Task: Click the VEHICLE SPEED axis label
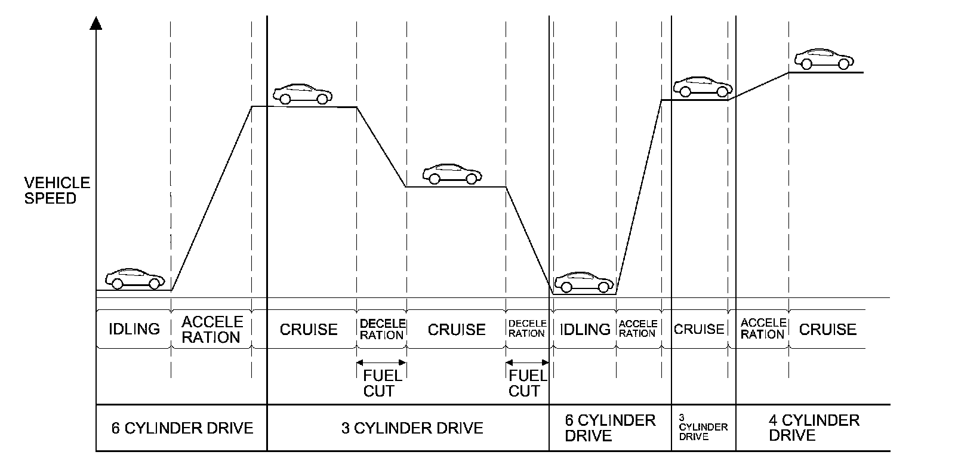point(57,191)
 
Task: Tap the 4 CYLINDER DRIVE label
point(814,428)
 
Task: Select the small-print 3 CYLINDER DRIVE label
point(703,427)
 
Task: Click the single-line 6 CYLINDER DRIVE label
point(182,428)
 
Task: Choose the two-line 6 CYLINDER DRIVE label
point(609,428)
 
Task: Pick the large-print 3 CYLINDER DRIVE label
point(412,428)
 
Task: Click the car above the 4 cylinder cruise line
point(824,59)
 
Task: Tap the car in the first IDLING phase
point(135,278)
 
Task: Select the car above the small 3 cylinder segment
point(703,87)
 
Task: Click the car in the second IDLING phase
point(584,282)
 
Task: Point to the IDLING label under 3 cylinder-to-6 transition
point(584,329)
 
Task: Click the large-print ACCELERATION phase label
point(211,330)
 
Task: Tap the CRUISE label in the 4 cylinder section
point(827,329)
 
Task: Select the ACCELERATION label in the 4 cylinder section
point(762,329)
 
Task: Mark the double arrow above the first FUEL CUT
point(381,362)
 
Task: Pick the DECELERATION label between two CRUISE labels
point(382,329)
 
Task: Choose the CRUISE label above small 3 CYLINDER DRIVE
point(698,329)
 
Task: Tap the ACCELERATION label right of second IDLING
point(637,328)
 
